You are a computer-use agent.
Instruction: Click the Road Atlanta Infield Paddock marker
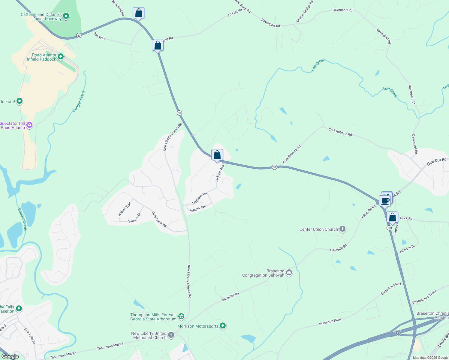click(61, 56)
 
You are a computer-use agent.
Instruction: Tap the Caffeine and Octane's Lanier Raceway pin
click(66, 16)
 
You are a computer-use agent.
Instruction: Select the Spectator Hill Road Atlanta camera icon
click(29, 125)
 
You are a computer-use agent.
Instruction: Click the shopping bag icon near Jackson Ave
click(217, 155)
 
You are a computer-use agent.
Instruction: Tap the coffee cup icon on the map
click(385, 201)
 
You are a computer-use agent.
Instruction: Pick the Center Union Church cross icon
click(342, 229)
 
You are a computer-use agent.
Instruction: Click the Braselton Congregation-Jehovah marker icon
click(289, 272)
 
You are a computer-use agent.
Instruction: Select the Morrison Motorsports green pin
click(223, 326)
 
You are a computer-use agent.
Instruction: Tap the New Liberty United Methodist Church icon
click(171, 335)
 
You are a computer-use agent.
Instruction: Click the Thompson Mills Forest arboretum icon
click(181, 316)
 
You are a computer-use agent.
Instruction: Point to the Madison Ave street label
click(200, 198)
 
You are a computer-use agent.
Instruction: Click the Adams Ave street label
click(198, 208)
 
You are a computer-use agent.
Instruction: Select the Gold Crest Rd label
click(159, 219)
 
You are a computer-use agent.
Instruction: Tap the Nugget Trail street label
click(125, 209)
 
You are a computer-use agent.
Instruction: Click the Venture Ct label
click(134, 218)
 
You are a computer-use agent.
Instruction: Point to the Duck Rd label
click(406, 218)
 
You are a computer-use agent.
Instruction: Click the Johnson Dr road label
click(407, 249)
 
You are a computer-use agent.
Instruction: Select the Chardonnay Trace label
click(424, 297)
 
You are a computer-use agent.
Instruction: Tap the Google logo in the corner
click(10, 356)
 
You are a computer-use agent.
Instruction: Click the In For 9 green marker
click(20, 101)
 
